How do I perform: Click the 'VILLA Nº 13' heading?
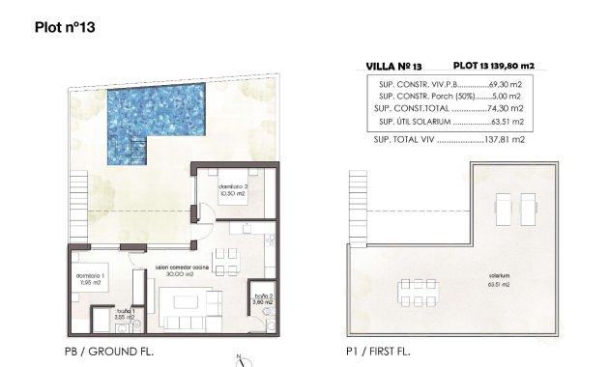pyautogui.click(x=393, y=67)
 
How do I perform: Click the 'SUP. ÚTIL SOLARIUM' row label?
pyautogui.click(x=416, y=123)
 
